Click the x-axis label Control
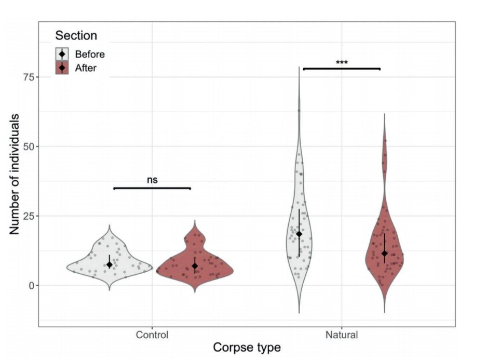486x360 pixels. coord(152,335)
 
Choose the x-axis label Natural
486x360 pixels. coord(342,335)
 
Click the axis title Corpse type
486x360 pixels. coord(247,348)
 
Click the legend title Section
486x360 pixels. coord(76,36)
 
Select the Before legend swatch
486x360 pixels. coord(62,54)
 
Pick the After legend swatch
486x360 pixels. coord(62,68)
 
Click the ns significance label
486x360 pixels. coord(152,180)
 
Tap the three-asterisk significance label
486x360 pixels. coord(342,63)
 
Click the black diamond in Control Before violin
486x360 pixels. coord(110,264)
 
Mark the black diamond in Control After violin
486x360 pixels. coord(195,266)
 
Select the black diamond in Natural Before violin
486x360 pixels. coord(299,234)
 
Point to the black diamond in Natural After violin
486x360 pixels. coord(384,253)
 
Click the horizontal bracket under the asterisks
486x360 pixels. coord(342,68)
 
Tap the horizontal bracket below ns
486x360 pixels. coord(152,188)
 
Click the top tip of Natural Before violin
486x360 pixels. coord(299,68)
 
